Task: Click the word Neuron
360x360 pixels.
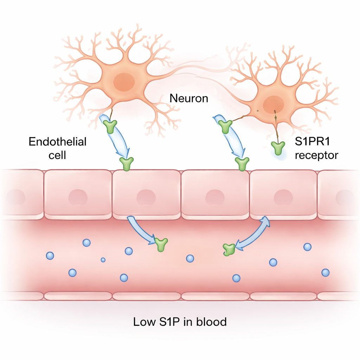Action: tap(189, 98)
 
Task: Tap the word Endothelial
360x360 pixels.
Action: tap(57, 142)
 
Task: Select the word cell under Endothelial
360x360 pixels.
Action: tap(57, 155)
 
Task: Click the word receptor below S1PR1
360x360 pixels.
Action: tap(316, 155)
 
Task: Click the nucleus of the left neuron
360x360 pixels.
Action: tap(124, 82)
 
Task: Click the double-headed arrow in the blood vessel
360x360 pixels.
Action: tap(252, 233)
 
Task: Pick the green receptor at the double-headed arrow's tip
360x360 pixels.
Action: tap(229, 249)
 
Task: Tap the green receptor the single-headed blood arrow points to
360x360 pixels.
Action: tap(161, 244)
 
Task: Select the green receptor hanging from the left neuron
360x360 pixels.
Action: tap(111, 127)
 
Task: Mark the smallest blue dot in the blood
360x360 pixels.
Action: tap(103, 260)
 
